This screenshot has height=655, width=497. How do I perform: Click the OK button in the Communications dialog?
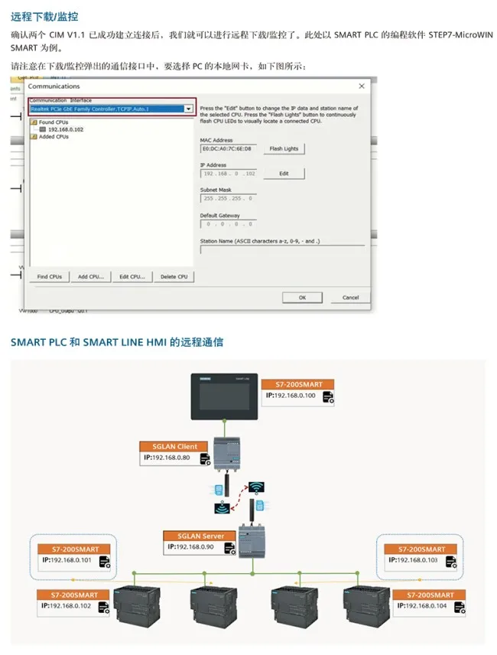302,297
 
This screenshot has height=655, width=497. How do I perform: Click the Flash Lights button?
284,148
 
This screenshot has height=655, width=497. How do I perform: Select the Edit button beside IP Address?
284,174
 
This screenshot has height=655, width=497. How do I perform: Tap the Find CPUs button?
50,276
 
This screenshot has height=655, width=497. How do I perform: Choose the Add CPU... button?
91,276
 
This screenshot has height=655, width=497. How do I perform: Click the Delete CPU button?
174,276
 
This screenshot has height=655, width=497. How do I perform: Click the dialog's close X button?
362,86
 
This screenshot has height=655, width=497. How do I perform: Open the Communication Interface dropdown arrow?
188,109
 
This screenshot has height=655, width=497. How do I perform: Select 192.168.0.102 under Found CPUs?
66,129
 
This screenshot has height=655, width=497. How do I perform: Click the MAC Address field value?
228,148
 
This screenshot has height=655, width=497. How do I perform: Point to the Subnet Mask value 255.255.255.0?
228,197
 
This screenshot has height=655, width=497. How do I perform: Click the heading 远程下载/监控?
44,16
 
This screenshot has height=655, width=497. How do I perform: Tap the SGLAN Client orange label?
171,446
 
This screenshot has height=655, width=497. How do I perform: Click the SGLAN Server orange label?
197,536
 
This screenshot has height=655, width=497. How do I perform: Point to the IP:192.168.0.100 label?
293,396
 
